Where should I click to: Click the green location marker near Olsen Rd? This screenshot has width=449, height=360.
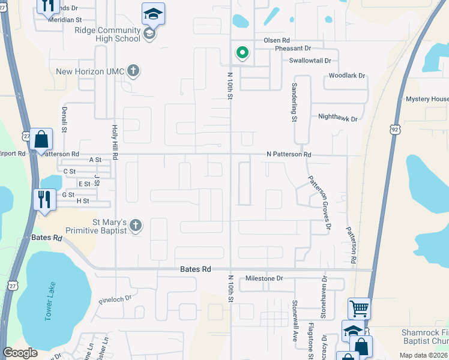click(x=243, y=53)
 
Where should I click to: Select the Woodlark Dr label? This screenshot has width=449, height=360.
click(x=347, y=76)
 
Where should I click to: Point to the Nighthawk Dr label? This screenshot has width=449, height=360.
click(x=337, y=119)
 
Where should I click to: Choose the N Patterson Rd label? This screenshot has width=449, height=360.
click(x=289, y=155)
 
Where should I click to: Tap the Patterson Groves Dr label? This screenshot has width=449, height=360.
click(x=319, y=202)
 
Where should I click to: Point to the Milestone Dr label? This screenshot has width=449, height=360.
click(x=264, y=279)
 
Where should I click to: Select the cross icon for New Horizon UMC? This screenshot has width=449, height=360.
click(x=133, y=71)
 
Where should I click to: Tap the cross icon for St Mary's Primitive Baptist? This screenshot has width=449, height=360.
click(x=136, y=226)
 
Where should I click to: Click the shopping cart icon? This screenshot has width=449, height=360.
click(x=359, y=308)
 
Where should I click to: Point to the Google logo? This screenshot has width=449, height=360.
click(x=20, y=353)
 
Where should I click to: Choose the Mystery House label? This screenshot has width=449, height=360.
click(x=427, y=99)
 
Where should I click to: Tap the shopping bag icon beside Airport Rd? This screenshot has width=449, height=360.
click(x=41, y=140)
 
